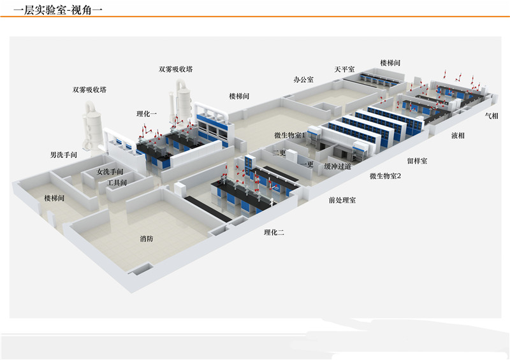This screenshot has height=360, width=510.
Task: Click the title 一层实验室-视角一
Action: click(58, 10)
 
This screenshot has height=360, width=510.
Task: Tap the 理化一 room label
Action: click(147, 114)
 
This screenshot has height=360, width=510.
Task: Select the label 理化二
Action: click(274, 232)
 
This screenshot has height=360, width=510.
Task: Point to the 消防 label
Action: click(147, 239)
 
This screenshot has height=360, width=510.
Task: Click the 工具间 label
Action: click(117, 183)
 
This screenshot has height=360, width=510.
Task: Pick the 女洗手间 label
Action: click(110, 171)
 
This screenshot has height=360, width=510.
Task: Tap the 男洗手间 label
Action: click(64, 155)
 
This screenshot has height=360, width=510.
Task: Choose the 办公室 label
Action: click(303, 80)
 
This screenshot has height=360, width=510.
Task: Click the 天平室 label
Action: click(344, 69)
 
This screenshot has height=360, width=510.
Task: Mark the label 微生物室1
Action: click(290, 135)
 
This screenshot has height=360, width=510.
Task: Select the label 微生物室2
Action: click(386, 176)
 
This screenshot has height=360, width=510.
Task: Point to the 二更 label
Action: click(279, 152)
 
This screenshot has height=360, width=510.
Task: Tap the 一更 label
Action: click(307, 164)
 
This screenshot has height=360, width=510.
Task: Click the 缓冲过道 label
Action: click(338, 166)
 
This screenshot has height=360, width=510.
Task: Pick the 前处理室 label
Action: click(342, 200)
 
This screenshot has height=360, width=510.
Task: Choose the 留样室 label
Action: click(418, 161)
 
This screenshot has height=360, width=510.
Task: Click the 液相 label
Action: click(458, 135)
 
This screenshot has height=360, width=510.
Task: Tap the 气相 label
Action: click(492, 115)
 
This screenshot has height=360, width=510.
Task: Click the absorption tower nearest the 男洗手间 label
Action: click(92, 125)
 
